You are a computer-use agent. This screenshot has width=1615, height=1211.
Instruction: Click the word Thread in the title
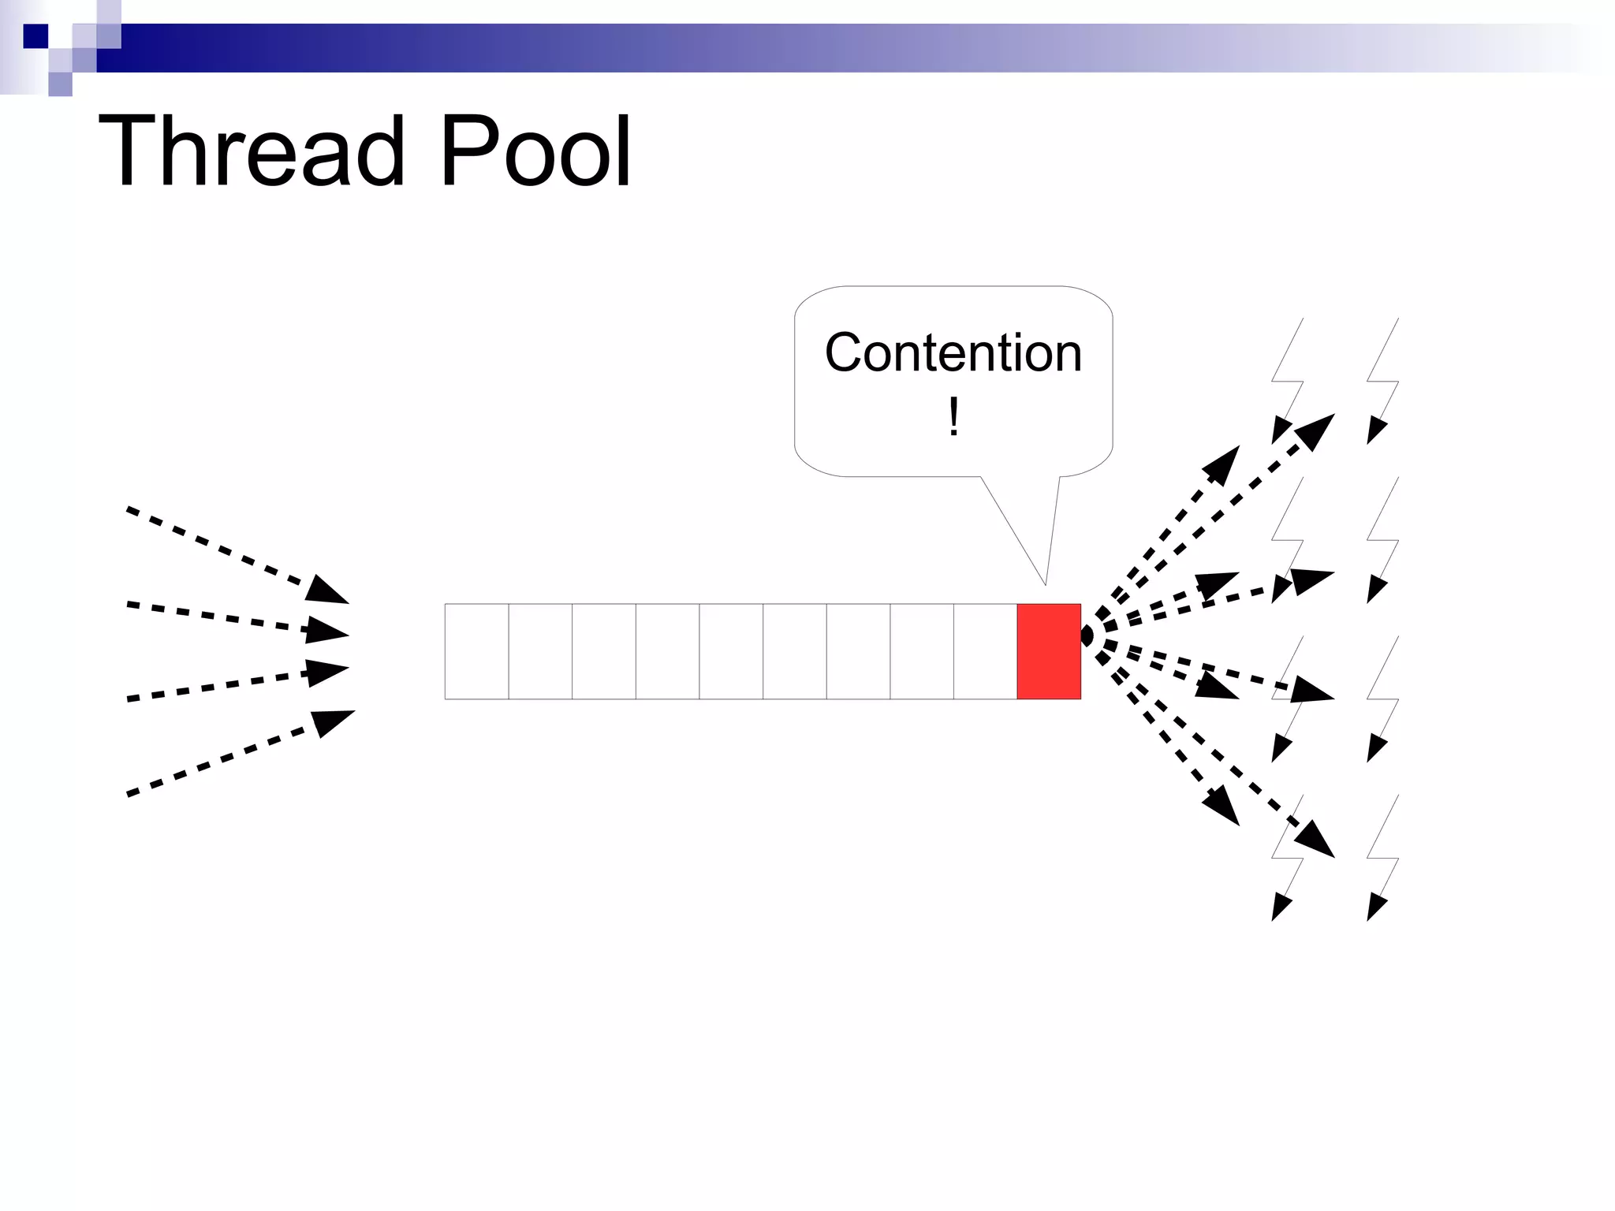251,151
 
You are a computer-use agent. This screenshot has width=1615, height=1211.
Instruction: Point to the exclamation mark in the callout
953,416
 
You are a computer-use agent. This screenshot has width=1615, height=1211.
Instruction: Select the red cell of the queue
1049,651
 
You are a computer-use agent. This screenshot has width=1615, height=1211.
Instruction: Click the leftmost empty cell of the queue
476,651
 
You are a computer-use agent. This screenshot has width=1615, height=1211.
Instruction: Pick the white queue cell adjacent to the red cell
985,651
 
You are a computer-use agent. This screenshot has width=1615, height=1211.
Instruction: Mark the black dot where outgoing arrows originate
1087,635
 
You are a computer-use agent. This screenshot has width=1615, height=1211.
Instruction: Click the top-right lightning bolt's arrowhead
1375,431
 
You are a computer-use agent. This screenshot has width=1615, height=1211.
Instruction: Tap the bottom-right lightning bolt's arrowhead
1375,907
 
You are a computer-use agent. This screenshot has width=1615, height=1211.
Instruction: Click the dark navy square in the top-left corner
35,36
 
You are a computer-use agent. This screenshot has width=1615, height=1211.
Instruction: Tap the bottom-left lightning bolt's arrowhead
1281,907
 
